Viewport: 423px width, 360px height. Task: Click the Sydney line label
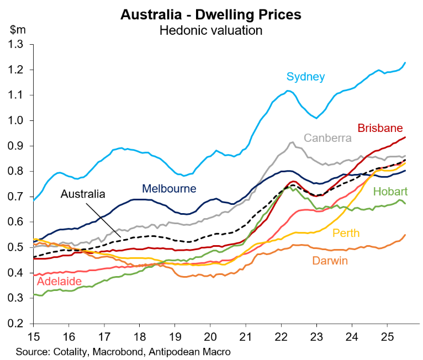(305, 77)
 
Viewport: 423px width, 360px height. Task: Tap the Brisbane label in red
(380, 128)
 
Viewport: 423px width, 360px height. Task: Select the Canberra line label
(328, 137)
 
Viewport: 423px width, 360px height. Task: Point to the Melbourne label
(169, 189)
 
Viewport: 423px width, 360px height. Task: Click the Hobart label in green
(390, 192)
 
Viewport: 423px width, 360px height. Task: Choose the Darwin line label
(330, 261)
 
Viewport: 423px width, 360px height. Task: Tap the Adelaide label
(59, 282)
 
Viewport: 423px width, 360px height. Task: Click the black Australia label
(83, 194)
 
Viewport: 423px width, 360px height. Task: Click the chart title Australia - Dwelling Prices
(211, 14)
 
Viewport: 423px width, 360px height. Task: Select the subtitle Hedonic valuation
(211, 30)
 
